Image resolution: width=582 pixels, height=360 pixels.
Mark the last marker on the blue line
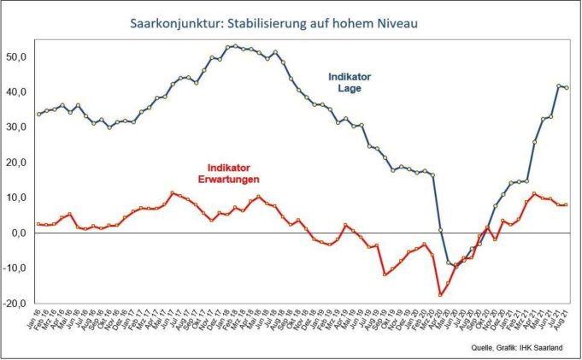pyautogui.click(x=567, y=88)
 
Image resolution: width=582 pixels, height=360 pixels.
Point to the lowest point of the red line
pyautogui.click(x=441, y=294)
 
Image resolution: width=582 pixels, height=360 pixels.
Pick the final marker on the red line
pyautogui.click(x=567, y=204)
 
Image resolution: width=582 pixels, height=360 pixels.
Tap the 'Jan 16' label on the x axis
pyautogui.click(x=38, y=318)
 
